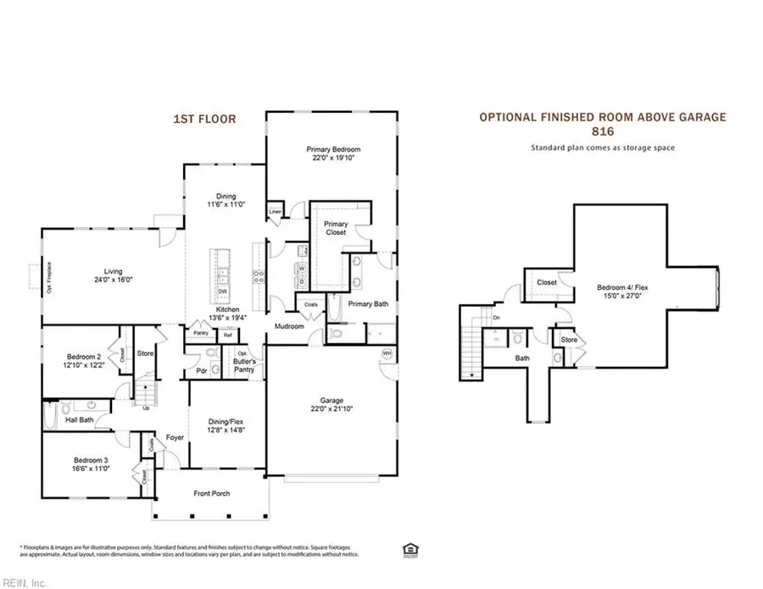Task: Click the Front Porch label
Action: click(x=211, y=493)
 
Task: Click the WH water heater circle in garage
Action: click(x=387, y=353)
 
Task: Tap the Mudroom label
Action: click(x=289, y=325)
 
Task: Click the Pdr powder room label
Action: click(x=203, y=370)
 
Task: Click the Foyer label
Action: click(x=175, y=438)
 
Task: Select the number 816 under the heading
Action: click(x=603, y=132)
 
